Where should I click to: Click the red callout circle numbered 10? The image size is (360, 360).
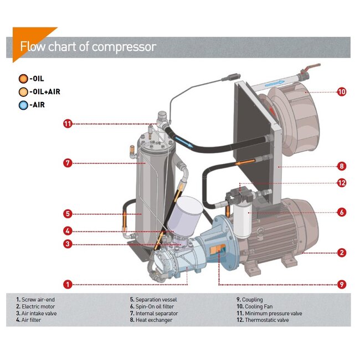(342, 92)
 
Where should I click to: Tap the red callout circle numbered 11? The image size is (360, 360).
(68, 124)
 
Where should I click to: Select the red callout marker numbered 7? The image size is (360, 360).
(68, 163)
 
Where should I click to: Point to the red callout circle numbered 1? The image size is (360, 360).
(68, 285)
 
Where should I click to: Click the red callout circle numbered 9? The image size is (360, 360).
(342, 285)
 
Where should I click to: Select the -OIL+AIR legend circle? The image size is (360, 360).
(23, 92)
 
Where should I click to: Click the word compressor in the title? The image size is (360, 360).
(124, 47)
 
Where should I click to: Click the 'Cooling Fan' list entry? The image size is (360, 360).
(258, 306)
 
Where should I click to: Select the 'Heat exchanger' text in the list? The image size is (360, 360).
(152, 320)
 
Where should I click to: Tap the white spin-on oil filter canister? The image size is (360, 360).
(242, 219)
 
